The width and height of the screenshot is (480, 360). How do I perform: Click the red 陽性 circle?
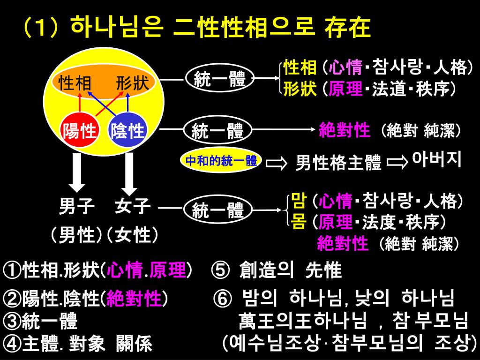80,130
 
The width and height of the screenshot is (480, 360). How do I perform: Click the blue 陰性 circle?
127,130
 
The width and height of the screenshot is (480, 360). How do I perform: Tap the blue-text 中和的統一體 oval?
221,161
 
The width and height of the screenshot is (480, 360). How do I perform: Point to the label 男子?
77,206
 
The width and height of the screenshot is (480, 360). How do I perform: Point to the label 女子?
133,206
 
